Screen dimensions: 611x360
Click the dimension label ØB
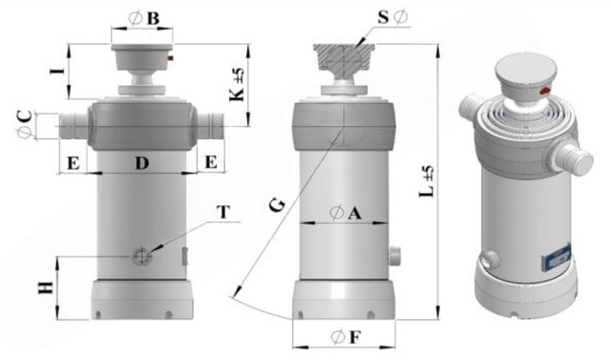[144, 18]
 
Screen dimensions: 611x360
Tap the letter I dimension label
[57, 71]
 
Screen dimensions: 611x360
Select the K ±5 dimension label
[238, 85]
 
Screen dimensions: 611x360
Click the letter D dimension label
[142, 162]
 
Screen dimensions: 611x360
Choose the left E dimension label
[74, 163]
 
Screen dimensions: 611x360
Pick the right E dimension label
[211, 161]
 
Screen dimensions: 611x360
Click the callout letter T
[223, 212]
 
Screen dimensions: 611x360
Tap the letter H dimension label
[46, 287]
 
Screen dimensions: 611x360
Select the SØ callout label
[392, 17]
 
